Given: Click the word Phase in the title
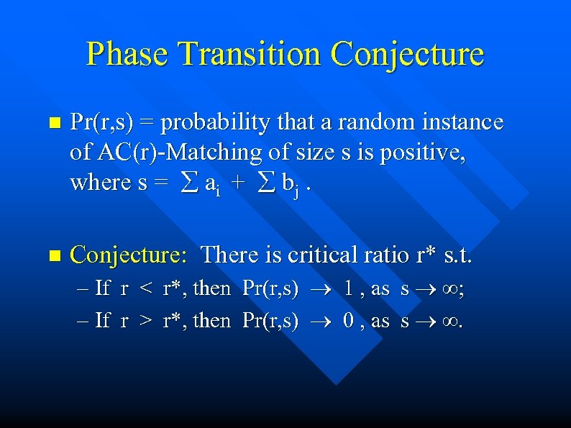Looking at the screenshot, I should pyautogui.click(x=127, y=55).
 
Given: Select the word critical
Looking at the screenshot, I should pyautogui.click(x=321, y=255).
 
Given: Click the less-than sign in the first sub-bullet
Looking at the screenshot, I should pyautogui.click(x=146, y=289).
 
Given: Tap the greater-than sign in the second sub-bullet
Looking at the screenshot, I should pyautogui.click(x=146, y=321).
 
